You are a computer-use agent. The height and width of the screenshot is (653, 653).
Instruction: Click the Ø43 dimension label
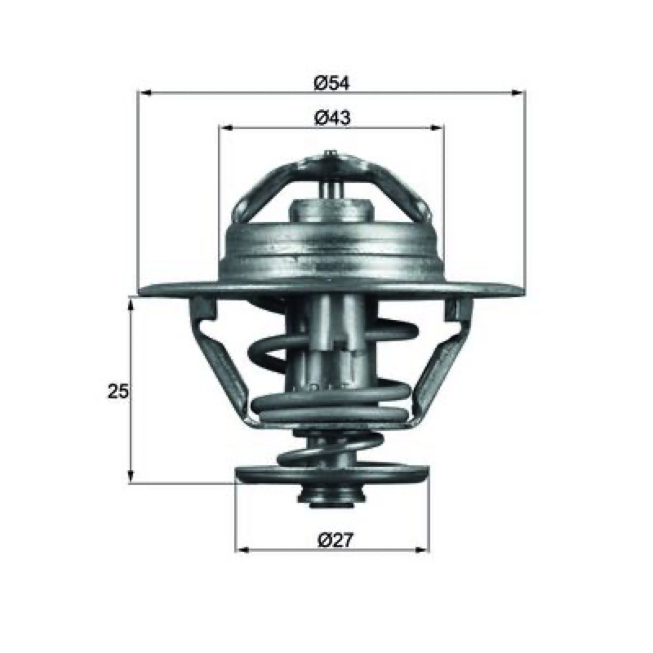point(332,118)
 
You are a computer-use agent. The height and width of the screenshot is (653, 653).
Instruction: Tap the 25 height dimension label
point(118,392)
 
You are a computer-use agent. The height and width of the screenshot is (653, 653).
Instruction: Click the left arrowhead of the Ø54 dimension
point(144,93)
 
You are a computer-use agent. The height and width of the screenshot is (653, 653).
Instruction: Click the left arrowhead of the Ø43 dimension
point(225,128)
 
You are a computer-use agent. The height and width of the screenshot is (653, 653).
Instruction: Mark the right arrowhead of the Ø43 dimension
point(438,128)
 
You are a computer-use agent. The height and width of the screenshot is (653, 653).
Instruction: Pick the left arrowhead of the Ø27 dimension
point(242,550)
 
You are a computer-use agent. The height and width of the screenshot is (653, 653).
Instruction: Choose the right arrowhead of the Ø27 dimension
point(422,550)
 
